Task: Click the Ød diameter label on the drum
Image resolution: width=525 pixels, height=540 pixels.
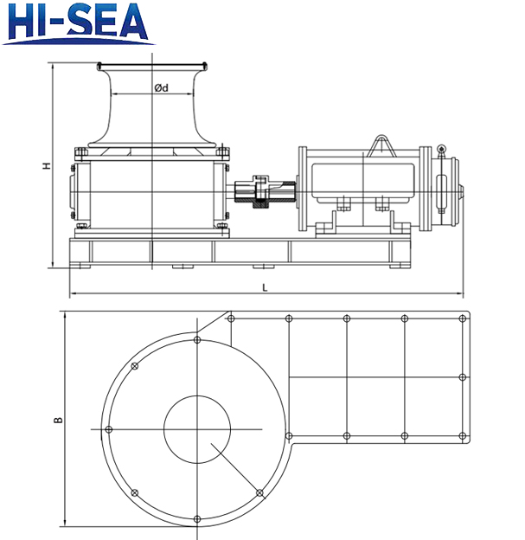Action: click(161, 87)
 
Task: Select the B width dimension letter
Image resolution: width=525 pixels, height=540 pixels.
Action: click(57, 420)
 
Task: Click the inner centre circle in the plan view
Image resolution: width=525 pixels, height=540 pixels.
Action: click(197, 429)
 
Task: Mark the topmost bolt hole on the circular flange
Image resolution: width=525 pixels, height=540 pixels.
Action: click(197, 340)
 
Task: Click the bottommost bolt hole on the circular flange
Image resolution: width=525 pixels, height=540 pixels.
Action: click(197, 519)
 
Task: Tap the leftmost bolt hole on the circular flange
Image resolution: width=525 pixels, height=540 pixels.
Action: click(108, 429)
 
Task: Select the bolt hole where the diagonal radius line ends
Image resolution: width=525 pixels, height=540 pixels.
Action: click(259, 492)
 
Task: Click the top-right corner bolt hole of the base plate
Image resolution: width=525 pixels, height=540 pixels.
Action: click(463, 319)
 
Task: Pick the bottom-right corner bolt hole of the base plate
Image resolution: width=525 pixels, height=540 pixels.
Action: click(463, 435)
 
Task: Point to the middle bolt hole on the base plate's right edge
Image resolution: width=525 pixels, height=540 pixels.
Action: click(463, 377)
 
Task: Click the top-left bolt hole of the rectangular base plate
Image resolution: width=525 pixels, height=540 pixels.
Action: click(231, 319)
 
